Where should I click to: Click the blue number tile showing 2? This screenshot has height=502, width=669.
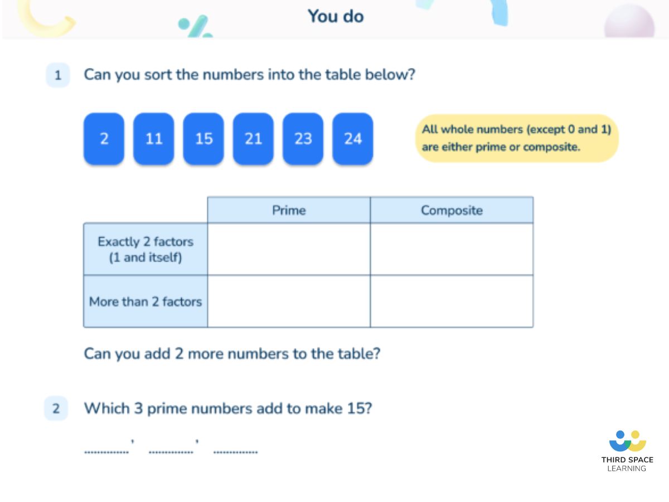[x=104, y=139]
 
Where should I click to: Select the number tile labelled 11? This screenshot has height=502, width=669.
[x=154, y=139]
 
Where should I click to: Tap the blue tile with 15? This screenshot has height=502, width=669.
[x=203, y=139]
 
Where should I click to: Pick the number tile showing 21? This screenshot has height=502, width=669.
[x=253, y=139]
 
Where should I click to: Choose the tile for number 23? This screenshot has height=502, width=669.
[x=303, y=139]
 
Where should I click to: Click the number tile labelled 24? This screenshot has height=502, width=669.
[x=353, y=139]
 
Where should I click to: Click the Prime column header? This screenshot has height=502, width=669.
[x=289, y=210]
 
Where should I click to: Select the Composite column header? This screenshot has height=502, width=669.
[x=452, y=210]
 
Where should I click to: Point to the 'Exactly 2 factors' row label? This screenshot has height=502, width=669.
[x=146, y=249]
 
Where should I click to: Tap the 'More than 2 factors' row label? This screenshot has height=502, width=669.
[x=146, y=302]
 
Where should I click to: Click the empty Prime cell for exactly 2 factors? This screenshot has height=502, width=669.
[x=289, y=249]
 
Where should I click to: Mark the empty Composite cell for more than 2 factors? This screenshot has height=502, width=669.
[x=452, y=301]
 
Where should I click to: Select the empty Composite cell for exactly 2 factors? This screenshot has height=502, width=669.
[x=452, y=249]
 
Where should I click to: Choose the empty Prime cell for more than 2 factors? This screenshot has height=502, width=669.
[x=289, y=301]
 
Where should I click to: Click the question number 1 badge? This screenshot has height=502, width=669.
[x=58, y=75]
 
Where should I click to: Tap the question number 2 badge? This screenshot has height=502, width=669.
[x=56, y=409]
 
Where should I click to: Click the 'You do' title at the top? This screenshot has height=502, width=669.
[x=336, y=16]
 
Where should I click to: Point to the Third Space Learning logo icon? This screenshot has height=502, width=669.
[x=627, y=441]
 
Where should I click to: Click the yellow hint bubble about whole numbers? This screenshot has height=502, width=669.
[x=517, y=138]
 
